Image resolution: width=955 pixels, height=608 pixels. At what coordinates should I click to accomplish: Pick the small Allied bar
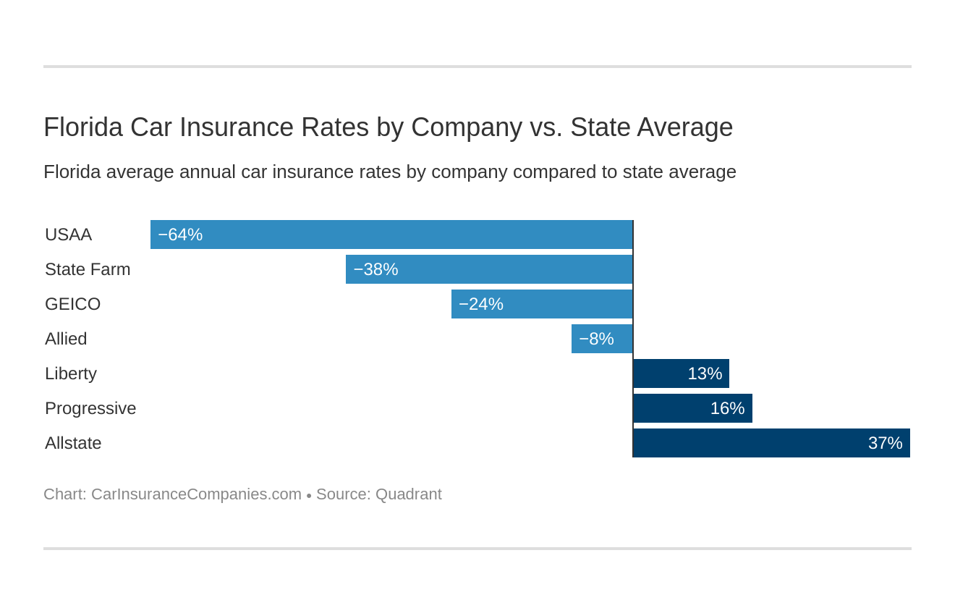coord(602,339)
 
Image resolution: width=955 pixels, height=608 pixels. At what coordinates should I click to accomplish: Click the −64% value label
coord(180,235)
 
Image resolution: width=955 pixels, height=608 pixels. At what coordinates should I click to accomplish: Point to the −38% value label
coord(375,269)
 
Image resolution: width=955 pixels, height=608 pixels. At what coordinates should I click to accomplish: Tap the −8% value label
coord(596,339)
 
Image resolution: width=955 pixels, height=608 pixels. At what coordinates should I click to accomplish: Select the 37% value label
coord(885,443)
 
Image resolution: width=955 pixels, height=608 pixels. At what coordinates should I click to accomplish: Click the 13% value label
coord(705,373)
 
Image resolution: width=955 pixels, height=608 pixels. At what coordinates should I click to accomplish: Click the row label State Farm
coord(88,269)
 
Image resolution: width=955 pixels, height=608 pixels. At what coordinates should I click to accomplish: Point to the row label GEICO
coord(72,304)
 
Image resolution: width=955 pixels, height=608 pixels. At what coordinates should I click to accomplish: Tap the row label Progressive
coord(90,408)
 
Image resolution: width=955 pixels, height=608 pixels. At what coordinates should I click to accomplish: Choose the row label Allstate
coord(73,443)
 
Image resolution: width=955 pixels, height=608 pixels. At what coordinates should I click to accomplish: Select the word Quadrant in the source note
coord(408,494)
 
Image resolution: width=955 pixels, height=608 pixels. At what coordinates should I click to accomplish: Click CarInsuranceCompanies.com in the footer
coord(196,494)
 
